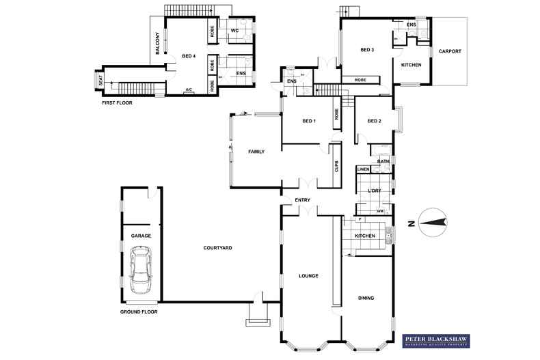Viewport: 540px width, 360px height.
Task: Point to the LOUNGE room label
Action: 309,276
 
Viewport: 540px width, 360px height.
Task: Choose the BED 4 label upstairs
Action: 189,57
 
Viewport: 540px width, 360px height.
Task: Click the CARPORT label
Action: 450,51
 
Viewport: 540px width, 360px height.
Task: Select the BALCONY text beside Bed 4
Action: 158,43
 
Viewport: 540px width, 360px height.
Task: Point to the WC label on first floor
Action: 234,31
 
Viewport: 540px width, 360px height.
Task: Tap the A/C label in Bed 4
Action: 188,89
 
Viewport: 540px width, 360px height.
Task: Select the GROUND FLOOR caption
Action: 139,311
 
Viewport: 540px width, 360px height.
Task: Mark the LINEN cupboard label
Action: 363,169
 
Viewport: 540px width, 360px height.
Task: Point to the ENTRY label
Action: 303,200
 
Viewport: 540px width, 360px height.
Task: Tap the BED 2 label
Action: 374,122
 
